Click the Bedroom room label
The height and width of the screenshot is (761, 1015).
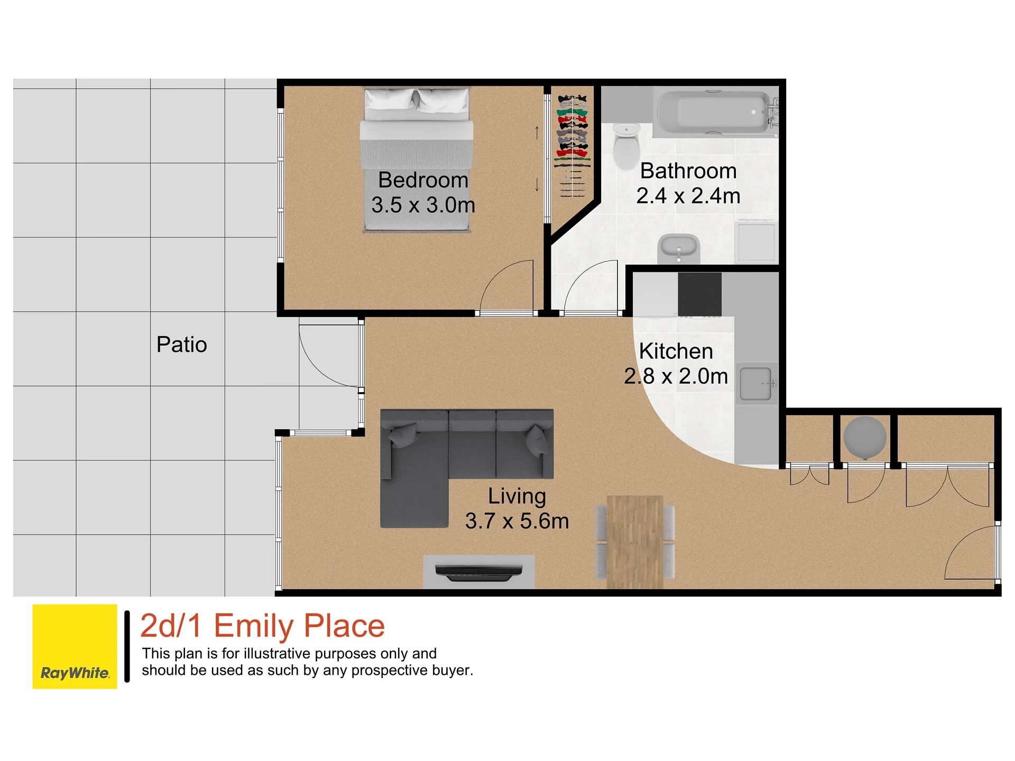pos(423,180)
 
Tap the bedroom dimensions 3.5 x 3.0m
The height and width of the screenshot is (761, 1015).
pos(423,205)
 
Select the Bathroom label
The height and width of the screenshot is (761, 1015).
pos(688,171)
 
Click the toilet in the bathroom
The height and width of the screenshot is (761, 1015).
pos(626,146)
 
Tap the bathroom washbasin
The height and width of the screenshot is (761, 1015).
pos(679,249)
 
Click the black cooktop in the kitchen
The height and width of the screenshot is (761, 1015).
pos(699,294)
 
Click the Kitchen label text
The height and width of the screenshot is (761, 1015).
pos(676,351)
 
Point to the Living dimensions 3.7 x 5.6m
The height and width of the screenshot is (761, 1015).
pos(517,521)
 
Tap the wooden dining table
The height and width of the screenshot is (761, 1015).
pos(635,542)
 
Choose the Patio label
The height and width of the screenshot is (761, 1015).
pos(181,345)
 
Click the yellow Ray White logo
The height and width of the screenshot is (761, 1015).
pos(75,646)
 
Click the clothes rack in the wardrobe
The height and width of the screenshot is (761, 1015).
pos(572,146)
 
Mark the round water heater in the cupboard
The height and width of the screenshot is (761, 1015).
pos(865,438)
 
